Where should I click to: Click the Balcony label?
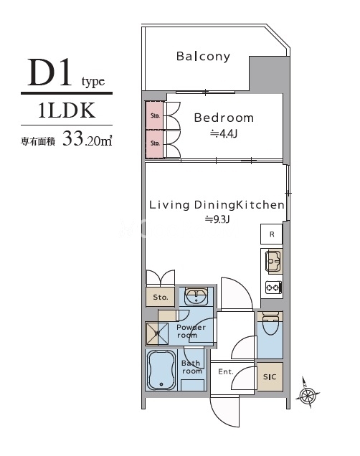click(x=203, y=56)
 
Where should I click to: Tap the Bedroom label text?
click(x=223, y=118)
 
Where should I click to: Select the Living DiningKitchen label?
click(x=217, y=205)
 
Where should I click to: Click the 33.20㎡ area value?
click(x=87, y=138)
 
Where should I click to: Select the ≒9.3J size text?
click(x=216, y=219)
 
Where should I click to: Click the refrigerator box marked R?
click(x=271, y=234)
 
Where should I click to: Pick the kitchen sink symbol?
click(x=273, y=262)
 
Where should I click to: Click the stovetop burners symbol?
click(x=273, y=288)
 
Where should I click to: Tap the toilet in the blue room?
click(x=270, y=326)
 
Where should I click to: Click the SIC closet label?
click(x=270, y=376)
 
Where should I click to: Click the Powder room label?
click(x=191, y=331)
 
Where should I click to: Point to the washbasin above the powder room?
click(x=194, y=296)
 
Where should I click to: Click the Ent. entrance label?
click(x=225, y=371)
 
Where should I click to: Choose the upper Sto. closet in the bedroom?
click(x=154, y=114)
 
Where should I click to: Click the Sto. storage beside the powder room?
click(x=160, y=296)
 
